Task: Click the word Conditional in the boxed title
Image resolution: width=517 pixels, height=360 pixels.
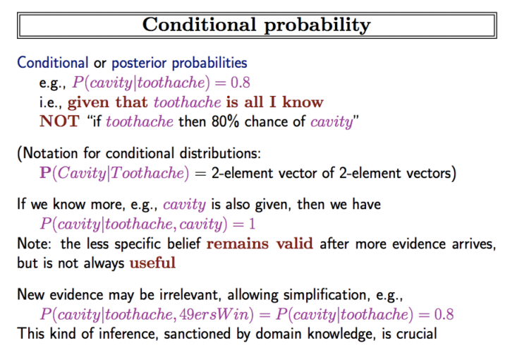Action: [x=199, y=25]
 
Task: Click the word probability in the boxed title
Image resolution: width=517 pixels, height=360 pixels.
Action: [x=317, y=25]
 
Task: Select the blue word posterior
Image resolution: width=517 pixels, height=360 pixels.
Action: [x=139, y=63]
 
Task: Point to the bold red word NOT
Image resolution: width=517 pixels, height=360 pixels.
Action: [x=60, y=121]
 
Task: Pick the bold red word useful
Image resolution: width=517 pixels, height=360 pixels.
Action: [x=152, y=263]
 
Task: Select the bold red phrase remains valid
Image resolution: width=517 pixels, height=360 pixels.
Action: [x=260, y=244]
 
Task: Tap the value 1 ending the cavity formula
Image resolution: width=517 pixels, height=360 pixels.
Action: [x=253, y=224]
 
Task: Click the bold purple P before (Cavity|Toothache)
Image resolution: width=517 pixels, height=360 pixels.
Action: [x=45, y=172]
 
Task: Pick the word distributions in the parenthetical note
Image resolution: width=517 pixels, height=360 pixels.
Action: [x=220, y=153]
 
